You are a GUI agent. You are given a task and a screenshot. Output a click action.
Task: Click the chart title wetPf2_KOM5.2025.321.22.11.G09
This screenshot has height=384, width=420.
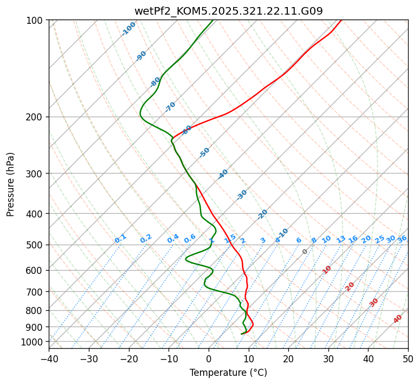pyautogui.click(x=228, y=10)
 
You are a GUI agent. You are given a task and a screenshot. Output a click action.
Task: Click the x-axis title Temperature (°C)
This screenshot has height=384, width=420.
pyautogui.click(x=228, y=373)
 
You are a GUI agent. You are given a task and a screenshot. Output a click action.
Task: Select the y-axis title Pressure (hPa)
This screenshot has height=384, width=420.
pyautogui.click(x=11, y=184)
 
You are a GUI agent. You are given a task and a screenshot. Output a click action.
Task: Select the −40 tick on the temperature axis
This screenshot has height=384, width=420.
pyautogui.click(x=49, y=359)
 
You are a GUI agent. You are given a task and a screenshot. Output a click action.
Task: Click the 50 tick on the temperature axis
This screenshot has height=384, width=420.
pyautogui.click(x=408, y=359)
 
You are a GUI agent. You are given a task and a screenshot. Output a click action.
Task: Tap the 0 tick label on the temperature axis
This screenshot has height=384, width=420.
pyautogui.click(x=209, y=359)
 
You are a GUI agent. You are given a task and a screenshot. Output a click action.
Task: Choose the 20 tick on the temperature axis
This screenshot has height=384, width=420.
pyautogui.click(x=288, y=359)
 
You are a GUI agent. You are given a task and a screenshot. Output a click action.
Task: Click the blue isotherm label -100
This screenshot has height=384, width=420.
pyautogui.click(x=128, y=29)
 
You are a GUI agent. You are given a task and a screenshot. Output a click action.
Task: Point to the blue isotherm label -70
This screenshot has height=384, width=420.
pyautogui.click(x=170, y=107)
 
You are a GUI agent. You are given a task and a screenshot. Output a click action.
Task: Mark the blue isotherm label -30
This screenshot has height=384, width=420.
pyautogui.click(x=242, y=195)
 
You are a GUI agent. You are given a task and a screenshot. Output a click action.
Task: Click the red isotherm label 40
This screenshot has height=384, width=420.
pyautogui.click(x=398, y=319)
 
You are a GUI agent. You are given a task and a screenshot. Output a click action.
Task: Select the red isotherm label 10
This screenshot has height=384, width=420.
pyautogui.click(x=327, y=270)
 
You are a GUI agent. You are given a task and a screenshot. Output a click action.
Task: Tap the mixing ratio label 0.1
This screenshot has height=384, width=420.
pyautogui.click(x=120, y=239)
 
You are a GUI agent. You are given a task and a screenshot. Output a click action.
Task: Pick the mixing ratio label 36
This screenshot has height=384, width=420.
pyautogui.click(x=402, y=239)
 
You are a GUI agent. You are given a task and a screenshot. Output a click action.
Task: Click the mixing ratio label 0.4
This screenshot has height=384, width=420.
pyautogui.click(x=173, y=239)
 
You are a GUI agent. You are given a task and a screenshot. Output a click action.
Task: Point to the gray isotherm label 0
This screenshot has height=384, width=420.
pyautogui.click(x=305, y=252)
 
